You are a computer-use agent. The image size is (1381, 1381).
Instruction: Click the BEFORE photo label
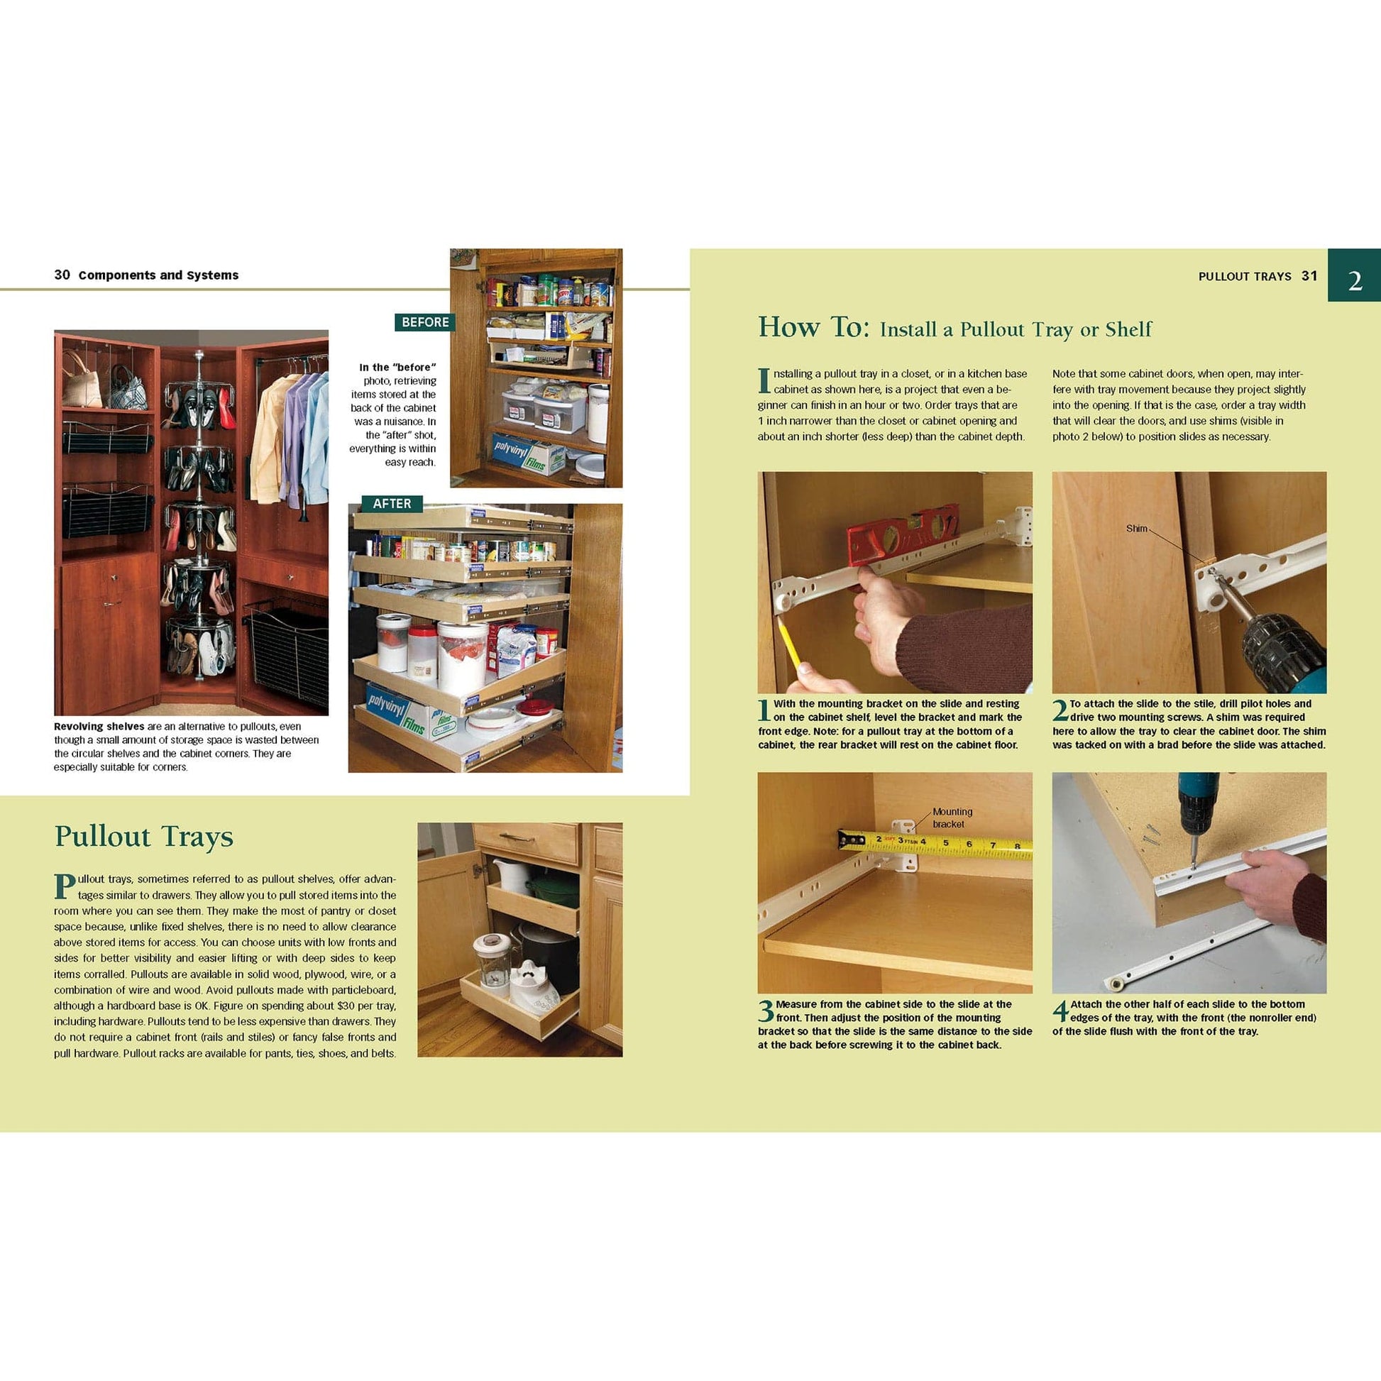click(424, 322)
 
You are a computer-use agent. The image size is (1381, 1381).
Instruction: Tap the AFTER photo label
click(391, 504)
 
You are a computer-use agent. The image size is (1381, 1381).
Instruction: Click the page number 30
click(62, 275)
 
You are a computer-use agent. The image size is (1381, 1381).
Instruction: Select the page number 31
click(1309, 276)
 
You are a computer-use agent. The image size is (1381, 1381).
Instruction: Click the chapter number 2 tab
click(1354, 280)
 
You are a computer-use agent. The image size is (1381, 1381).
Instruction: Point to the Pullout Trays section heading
click(143, 836)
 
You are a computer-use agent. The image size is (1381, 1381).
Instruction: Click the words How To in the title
click(813, 327)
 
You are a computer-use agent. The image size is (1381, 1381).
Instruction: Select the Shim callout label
click(1136, 529)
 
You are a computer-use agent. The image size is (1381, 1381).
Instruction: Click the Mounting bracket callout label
click(952, 818)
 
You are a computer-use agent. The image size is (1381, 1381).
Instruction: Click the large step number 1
click(764, 710)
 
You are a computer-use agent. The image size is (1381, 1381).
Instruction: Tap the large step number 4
click(1060, 1011)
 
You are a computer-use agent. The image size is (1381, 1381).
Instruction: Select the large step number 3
click(766, 1011)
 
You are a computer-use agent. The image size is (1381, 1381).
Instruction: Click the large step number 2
click(1060, 710)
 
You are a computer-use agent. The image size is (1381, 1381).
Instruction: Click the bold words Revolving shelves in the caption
click(99, 726)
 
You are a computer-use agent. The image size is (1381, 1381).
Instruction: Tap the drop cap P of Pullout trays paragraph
click(65, 886)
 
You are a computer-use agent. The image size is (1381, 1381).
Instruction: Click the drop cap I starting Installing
click(764, 381)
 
